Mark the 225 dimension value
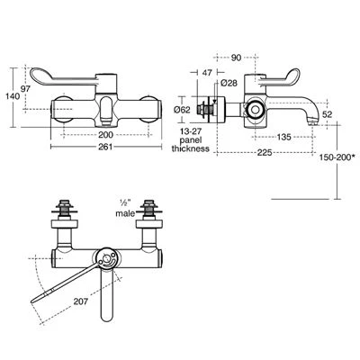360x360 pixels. coord(263,153)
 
